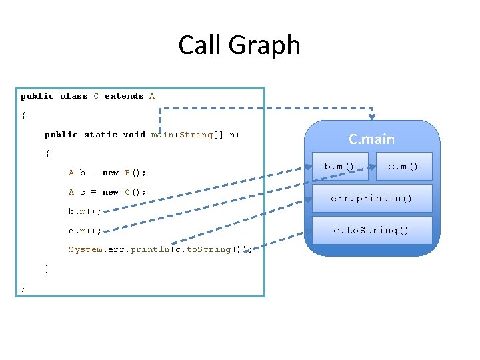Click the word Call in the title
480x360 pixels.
coord(201,45)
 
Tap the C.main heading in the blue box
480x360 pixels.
coord(371,139)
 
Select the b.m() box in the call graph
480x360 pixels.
coord(339,166)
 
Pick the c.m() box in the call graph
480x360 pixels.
coord(403,166)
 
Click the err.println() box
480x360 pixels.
coord(371,199)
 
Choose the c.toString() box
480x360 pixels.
coord(371,230)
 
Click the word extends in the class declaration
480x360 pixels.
coord(124,96)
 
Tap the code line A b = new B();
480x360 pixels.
coord(107,173)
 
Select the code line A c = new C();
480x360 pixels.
coord(107,192)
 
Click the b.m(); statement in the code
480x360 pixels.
coord(85,211)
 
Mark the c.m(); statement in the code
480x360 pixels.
coord(85,231)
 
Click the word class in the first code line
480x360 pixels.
coord(73,96)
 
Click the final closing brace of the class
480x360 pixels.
coord(23,288)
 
